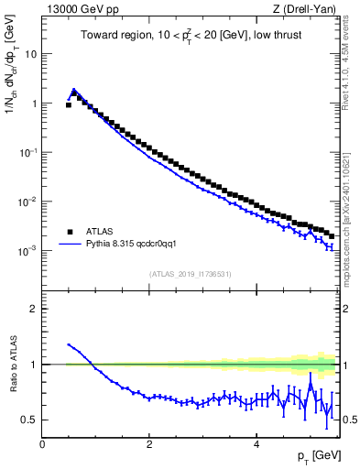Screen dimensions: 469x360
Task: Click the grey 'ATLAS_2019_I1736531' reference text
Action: click(191, 274)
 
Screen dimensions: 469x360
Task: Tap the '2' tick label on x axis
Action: click(148, 444)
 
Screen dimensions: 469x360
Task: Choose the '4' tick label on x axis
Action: click(256, 444)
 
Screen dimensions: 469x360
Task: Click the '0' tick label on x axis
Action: click(42, 444)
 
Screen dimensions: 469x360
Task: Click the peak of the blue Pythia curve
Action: click(74, 90)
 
